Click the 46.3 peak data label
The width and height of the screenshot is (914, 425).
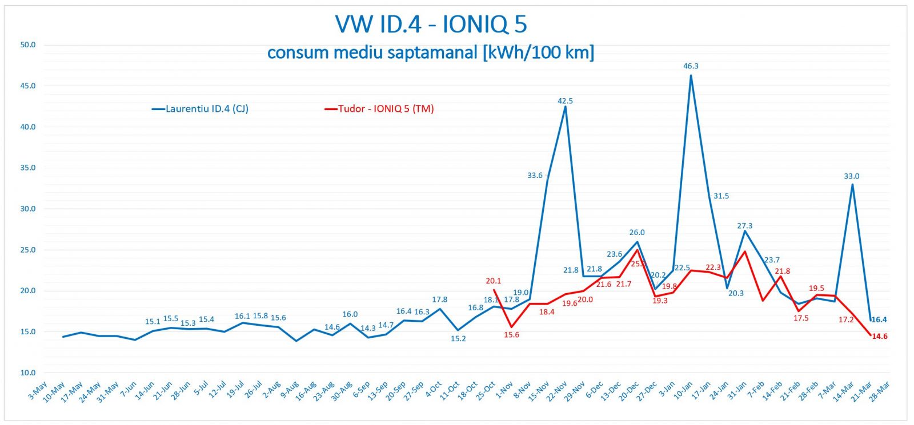691,66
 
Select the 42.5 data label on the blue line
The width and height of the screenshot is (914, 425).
565,101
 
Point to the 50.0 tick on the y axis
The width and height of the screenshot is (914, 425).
28,44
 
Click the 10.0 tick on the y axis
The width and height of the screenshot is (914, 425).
28,373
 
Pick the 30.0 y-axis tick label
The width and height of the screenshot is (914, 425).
28,209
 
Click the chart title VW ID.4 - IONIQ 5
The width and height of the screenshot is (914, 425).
431,25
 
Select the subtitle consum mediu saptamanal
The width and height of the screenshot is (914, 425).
431,52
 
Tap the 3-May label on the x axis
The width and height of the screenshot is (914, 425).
38,391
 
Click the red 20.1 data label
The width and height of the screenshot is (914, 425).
493,281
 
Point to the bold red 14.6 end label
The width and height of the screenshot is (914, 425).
880,337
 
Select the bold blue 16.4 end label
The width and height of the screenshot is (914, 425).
879,320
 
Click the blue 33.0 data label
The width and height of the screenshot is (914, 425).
851,176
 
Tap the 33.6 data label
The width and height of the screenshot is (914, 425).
535,176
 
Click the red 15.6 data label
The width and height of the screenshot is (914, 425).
511,335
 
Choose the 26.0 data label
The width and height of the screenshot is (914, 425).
637,233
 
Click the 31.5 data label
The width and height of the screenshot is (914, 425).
721,196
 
